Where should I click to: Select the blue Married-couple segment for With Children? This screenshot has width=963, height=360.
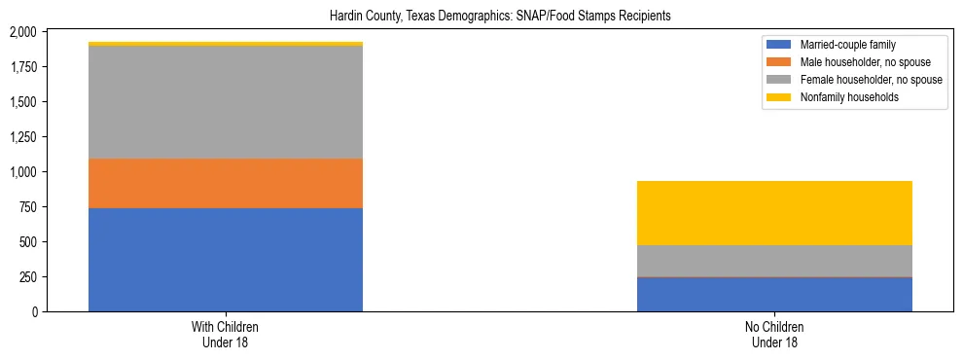click(x=226, y=259)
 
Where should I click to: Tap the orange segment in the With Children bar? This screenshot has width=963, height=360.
click(x=226, y=183)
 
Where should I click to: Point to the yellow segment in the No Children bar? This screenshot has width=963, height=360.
click(x=774, y=213)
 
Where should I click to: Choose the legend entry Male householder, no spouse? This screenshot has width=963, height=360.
click(x=860, y=62)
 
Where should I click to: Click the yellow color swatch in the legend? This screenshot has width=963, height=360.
click(x=779, y=96)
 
